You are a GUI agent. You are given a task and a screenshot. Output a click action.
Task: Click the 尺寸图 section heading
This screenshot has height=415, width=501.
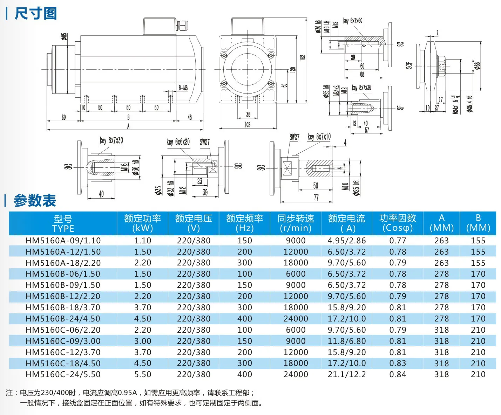coord(35,14)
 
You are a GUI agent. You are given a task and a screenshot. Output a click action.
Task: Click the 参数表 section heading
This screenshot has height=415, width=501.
coord(35,201)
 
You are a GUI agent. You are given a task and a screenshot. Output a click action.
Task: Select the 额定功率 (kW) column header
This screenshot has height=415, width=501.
coord(142,223)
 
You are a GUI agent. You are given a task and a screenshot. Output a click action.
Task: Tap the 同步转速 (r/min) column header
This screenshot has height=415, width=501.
coord(296,223)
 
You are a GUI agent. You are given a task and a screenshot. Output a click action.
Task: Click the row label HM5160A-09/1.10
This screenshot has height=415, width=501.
coord(63,241)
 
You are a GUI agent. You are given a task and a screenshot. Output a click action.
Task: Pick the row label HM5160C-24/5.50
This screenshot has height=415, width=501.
coord(63,374)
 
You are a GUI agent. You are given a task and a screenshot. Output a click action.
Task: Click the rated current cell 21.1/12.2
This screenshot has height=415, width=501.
coord(346,374)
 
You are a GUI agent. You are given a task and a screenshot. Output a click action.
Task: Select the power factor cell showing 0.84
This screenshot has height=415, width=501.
coord(398,374)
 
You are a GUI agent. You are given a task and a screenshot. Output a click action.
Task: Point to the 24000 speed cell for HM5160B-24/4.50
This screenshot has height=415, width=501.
coord(296,319)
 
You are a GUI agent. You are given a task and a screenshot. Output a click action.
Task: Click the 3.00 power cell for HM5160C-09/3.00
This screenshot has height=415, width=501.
coord(142,341)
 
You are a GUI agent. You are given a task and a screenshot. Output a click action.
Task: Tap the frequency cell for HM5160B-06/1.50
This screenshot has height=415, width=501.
coord(244,274)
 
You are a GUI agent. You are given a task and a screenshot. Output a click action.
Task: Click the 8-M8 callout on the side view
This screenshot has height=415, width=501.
coord(183,88)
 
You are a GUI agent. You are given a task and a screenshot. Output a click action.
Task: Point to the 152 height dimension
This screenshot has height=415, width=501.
coord(303,57)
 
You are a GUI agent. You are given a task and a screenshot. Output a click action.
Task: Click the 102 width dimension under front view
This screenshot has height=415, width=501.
coord(247,125)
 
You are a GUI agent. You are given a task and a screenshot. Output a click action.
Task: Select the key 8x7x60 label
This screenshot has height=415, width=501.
coord(353,21)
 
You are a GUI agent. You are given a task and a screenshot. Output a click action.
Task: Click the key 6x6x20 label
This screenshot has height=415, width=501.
coord(178,142)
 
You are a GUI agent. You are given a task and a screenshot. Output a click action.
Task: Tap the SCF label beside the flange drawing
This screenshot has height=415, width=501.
coord(409,65)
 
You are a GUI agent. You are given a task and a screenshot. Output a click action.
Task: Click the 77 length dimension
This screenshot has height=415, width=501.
coord(316,198)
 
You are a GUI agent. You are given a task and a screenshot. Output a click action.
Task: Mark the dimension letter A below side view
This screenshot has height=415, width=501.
coord(128,126)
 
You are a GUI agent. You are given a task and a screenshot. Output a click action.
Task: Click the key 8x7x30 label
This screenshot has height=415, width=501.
coord(111,140)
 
